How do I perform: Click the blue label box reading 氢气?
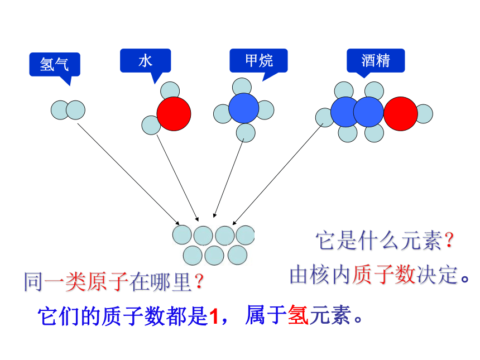click(x=55, y=64)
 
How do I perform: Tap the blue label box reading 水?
click(x=146, y=61)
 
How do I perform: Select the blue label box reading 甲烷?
click(x=258, y=61)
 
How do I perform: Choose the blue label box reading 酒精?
click(x=376, y=61)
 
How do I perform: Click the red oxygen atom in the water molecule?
click(x=174, y=114)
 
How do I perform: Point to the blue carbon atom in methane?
click(x=244, y=108)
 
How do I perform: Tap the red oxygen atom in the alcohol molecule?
click(x=400, y=114)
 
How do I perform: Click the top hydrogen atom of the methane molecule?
click(x=242, y=86)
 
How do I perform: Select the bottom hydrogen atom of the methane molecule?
click(x=246, y=133)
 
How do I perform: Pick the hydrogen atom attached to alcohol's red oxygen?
click(x=425, y=114)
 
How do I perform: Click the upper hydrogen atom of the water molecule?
click(x=170, y=90)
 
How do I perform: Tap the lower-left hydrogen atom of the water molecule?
click(x=151, y=125)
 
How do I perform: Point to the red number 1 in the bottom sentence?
click(x=214, y=316)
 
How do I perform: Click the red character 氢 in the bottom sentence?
click(x=298, y=315)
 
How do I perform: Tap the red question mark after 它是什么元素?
click(x=449, y=240)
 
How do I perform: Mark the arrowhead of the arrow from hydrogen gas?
click(x=177, y=223)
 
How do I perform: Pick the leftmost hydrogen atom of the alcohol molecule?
click(x=324, y=118)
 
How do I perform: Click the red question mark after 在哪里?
click(x=199, y=281)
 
